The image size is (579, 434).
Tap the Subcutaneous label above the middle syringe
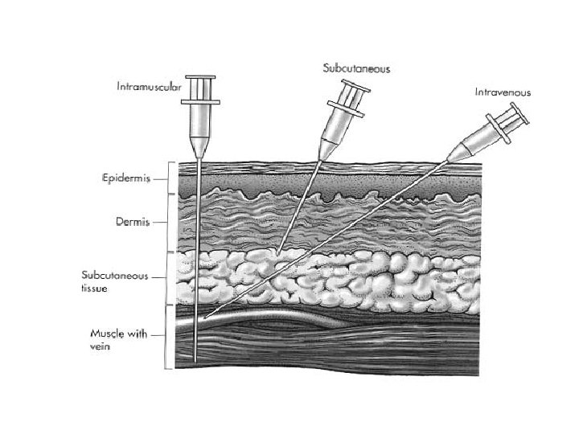(356, 69)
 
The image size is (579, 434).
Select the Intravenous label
(501, 92)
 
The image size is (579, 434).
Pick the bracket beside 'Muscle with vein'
(169, 337)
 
